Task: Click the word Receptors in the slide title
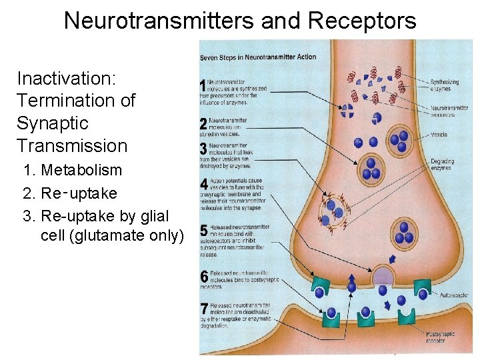[x=362, y=21]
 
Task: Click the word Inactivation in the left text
[x=66, y=79]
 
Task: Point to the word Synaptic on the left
[x=53, y=123]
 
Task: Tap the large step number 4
[x=204, y=184]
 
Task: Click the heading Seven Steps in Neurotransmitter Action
[x=258, y=57]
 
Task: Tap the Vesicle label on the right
[x=439, y=135]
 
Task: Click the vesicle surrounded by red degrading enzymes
[x=334, y=212]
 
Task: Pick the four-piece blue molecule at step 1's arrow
[x=347, y=109]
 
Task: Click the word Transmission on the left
[x=72, y=145]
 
